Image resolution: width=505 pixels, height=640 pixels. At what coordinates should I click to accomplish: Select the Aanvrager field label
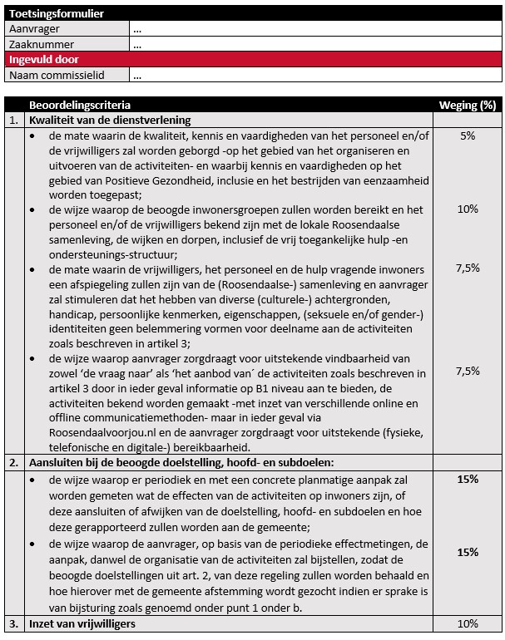34,29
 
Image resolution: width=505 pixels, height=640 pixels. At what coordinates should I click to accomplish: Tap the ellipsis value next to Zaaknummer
137,45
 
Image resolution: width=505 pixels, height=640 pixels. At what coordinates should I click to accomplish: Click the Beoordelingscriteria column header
79,106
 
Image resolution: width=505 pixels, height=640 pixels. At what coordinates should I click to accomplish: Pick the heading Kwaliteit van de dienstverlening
110,121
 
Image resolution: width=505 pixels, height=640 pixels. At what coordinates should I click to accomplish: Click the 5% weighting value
467,136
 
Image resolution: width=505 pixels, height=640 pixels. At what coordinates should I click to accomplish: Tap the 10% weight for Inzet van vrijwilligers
468,624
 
